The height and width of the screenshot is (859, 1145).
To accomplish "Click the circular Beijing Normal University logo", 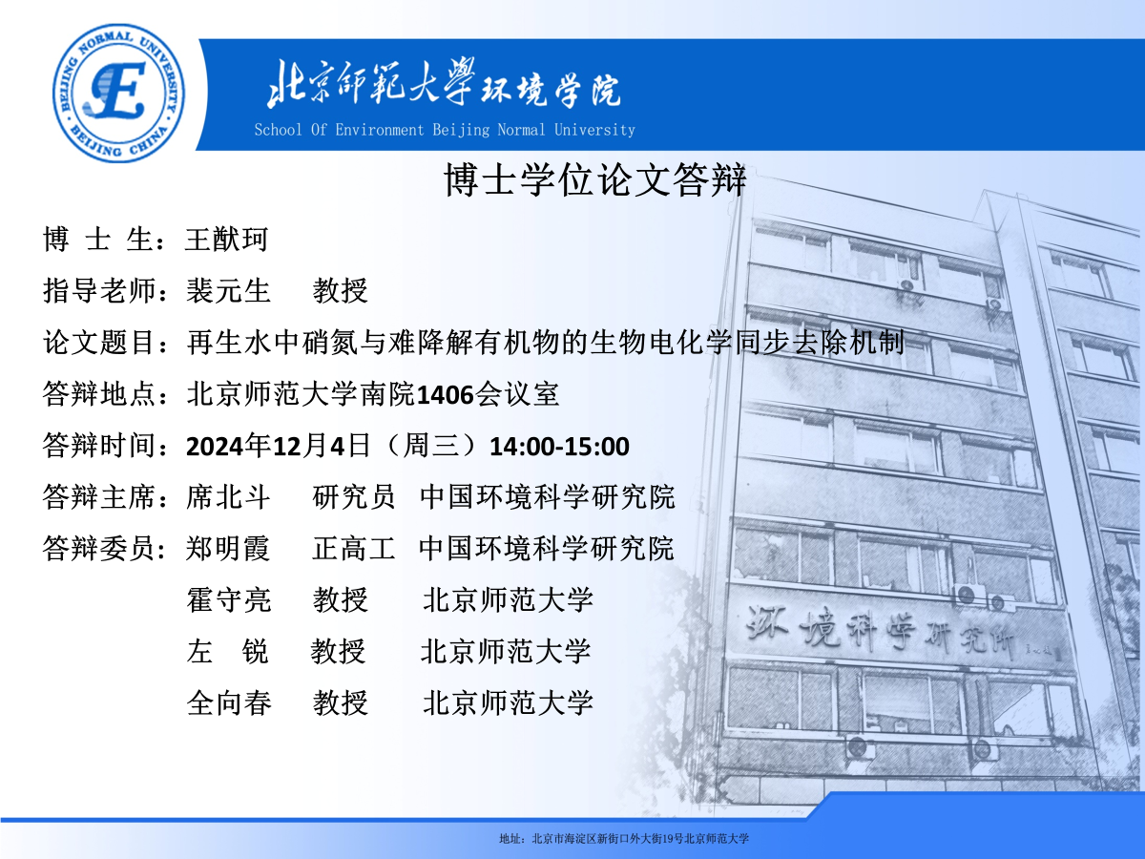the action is [x=119, y=94].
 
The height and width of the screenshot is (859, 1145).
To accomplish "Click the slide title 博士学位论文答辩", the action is [x=595, y=179].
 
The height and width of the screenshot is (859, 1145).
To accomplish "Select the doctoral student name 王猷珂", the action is [x=227, y=240].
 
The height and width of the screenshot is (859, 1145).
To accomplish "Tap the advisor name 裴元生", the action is [x=228, y=290].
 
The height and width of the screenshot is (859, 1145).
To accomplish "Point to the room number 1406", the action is [x=445, y=395].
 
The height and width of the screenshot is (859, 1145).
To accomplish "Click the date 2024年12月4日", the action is [x=278, y=446].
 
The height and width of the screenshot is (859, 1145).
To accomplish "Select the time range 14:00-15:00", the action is [x=560, y=447].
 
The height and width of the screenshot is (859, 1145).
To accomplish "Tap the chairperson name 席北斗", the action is [x=228, y=496].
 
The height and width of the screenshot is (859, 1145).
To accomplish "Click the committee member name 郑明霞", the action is [x=228, y=548].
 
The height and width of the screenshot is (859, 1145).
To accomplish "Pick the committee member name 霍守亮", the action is [x=228, y=599].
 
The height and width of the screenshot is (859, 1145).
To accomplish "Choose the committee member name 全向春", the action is [x=228, y=702].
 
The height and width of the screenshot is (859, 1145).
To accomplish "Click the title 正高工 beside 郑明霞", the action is [x=353, y=548].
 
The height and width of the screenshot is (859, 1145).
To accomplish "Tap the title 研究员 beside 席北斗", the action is [x=353, y=496].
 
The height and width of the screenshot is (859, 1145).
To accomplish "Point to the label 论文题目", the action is [x=98, y=343].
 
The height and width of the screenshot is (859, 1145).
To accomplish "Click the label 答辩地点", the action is [x=98, y=394].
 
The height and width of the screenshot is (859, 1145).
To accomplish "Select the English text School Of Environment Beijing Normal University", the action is [x=445, y=130].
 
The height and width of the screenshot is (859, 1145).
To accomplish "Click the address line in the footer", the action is [x=624, y=839].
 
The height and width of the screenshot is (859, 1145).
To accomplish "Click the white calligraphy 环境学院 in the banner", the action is [x=551, y=90].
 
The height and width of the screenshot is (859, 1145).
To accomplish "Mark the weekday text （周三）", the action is [x=430, y=446].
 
